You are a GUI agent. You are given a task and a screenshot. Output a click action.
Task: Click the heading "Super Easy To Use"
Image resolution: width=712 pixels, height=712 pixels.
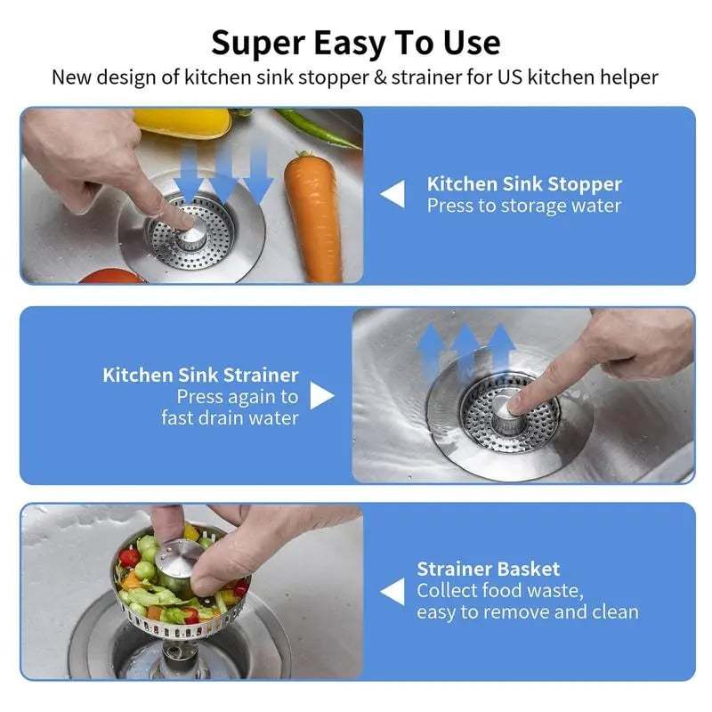click(355, 41)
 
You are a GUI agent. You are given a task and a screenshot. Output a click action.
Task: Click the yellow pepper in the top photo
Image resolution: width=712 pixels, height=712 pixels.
click(182, 123)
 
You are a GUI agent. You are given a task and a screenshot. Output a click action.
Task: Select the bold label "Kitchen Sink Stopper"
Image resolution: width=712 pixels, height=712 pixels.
click(524, 184)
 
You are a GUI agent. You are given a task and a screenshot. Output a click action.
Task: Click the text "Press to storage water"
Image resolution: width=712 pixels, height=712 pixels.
click(523, 206)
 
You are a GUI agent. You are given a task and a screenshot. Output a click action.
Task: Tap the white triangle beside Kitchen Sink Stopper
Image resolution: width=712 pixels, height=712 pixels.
click(392, 194)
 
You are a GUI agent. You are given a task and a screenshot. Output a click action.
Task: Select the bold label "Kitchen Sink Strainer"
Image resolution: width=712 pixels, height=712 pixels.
click(200, 375)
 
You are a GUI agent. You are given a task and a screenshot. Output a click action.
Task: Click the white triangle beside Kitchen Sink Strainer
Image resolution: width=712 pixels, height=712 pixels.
click(321, 396)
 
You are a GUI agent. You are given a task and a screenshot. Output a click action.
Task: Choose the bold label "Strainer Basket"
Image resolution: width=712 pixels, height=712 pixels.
click(488, 569)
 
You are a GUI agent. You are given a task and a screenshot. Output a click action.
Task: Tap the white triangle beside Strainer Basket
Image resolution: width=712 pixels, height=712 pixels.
click(392, 591)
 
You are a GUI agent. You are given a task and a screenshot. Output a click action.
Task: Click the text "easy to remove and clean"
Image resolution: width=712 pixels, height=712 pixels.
click(527, 612)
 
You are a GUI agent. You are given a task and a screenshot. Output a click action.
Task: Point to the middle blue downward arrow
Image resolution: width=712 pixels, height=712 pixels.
click(222, 174)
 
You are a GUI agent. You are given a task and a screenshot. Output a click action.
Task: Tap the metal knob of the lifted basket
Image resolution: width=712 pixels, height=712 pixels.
click(179, 562)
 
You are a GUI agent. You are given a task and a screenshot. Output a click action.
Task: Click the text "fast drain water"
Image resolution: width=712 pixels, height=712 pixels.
click(230, 417)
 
